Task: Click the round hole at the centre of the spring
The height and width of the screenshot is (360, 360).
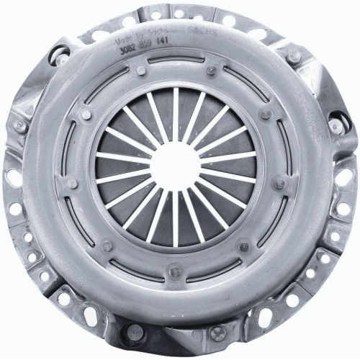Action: (x=176, y=163)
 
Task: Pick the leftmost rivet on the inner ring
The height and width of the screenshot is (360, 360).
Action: (x=71, y=184)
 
